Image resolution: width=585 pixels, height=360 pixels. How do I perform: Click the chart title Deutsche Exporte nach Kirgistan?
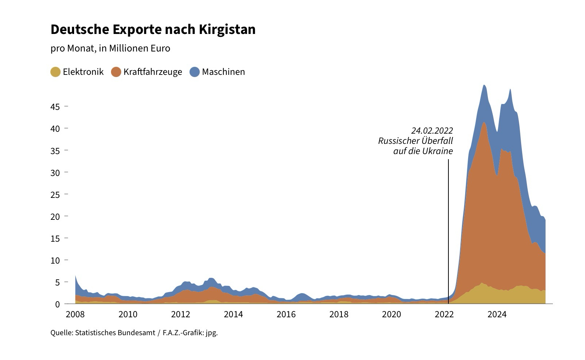coord(153,30)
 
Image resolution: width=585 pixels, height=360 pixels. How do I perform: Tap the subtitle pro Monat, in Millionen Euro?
coord(110,49)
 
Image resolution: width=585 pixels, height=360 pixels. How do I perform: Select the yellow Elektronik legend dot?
coord(56,72)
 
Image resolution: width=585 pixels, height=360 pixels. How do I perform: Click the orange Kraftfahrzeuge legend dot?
coord(116,72)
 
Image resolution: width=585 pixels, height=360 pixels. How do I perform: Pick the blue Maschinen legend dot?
coord(195,72)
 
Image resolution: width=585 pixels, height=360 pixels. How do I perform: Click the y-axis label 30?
coord(55,173)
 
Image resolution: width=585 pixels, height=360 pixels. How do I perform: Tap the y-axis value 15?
coord(55,238)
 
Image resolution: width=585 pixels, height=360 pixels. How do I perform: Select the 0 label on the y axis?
coord(57,304)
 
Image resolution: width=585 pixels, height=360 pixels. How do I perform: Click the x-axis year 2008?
coord(75,314)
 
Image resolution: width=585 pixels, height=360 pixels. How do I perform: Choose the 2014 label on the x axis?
coord(233,314)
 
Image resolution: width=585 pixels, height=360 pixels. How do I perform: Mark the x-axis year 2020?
coord(391,314)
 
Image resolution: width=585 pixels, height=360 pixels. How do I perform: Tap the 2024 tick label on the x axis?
coord(497,314)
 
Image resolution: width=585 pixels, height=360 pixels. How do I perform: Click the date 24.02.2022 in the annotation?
coord(432,131)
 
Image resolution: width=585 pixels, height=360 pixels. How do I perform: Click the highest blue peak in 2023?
coord(484,86)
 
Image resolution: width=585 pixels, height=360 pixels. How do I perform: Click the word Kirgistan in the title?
coord(227,30)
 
